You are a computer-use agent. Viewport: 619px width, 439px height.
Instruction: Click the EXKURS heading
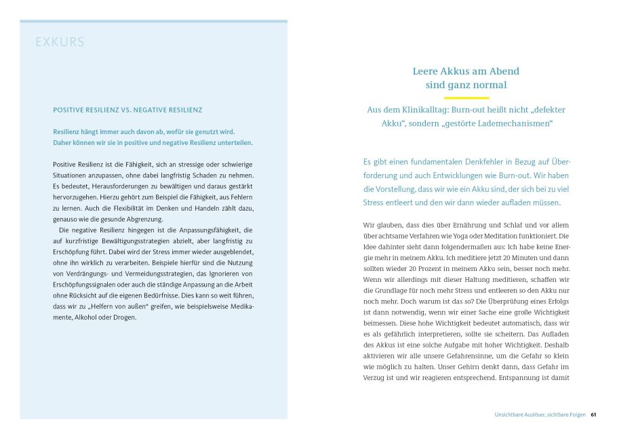click(x=60, y=43)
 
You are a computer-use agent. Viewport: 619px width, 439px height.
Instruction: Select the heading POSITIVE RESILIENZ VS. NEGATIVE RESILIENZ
click(x=127, y=110)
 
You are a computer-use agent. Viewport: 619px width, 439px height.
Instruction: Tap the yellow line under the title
click(x=466, y=98)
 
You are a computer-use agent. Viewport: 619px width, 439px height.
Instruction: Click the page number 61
click(x=593, y=415)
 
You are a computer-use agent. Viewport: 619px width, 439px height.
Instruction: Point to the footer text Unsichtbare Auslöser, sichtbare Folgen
click(x=540, y=415)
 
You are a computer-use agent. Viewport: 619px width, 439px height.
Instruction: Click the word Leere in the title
click(x=426, y=70)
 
